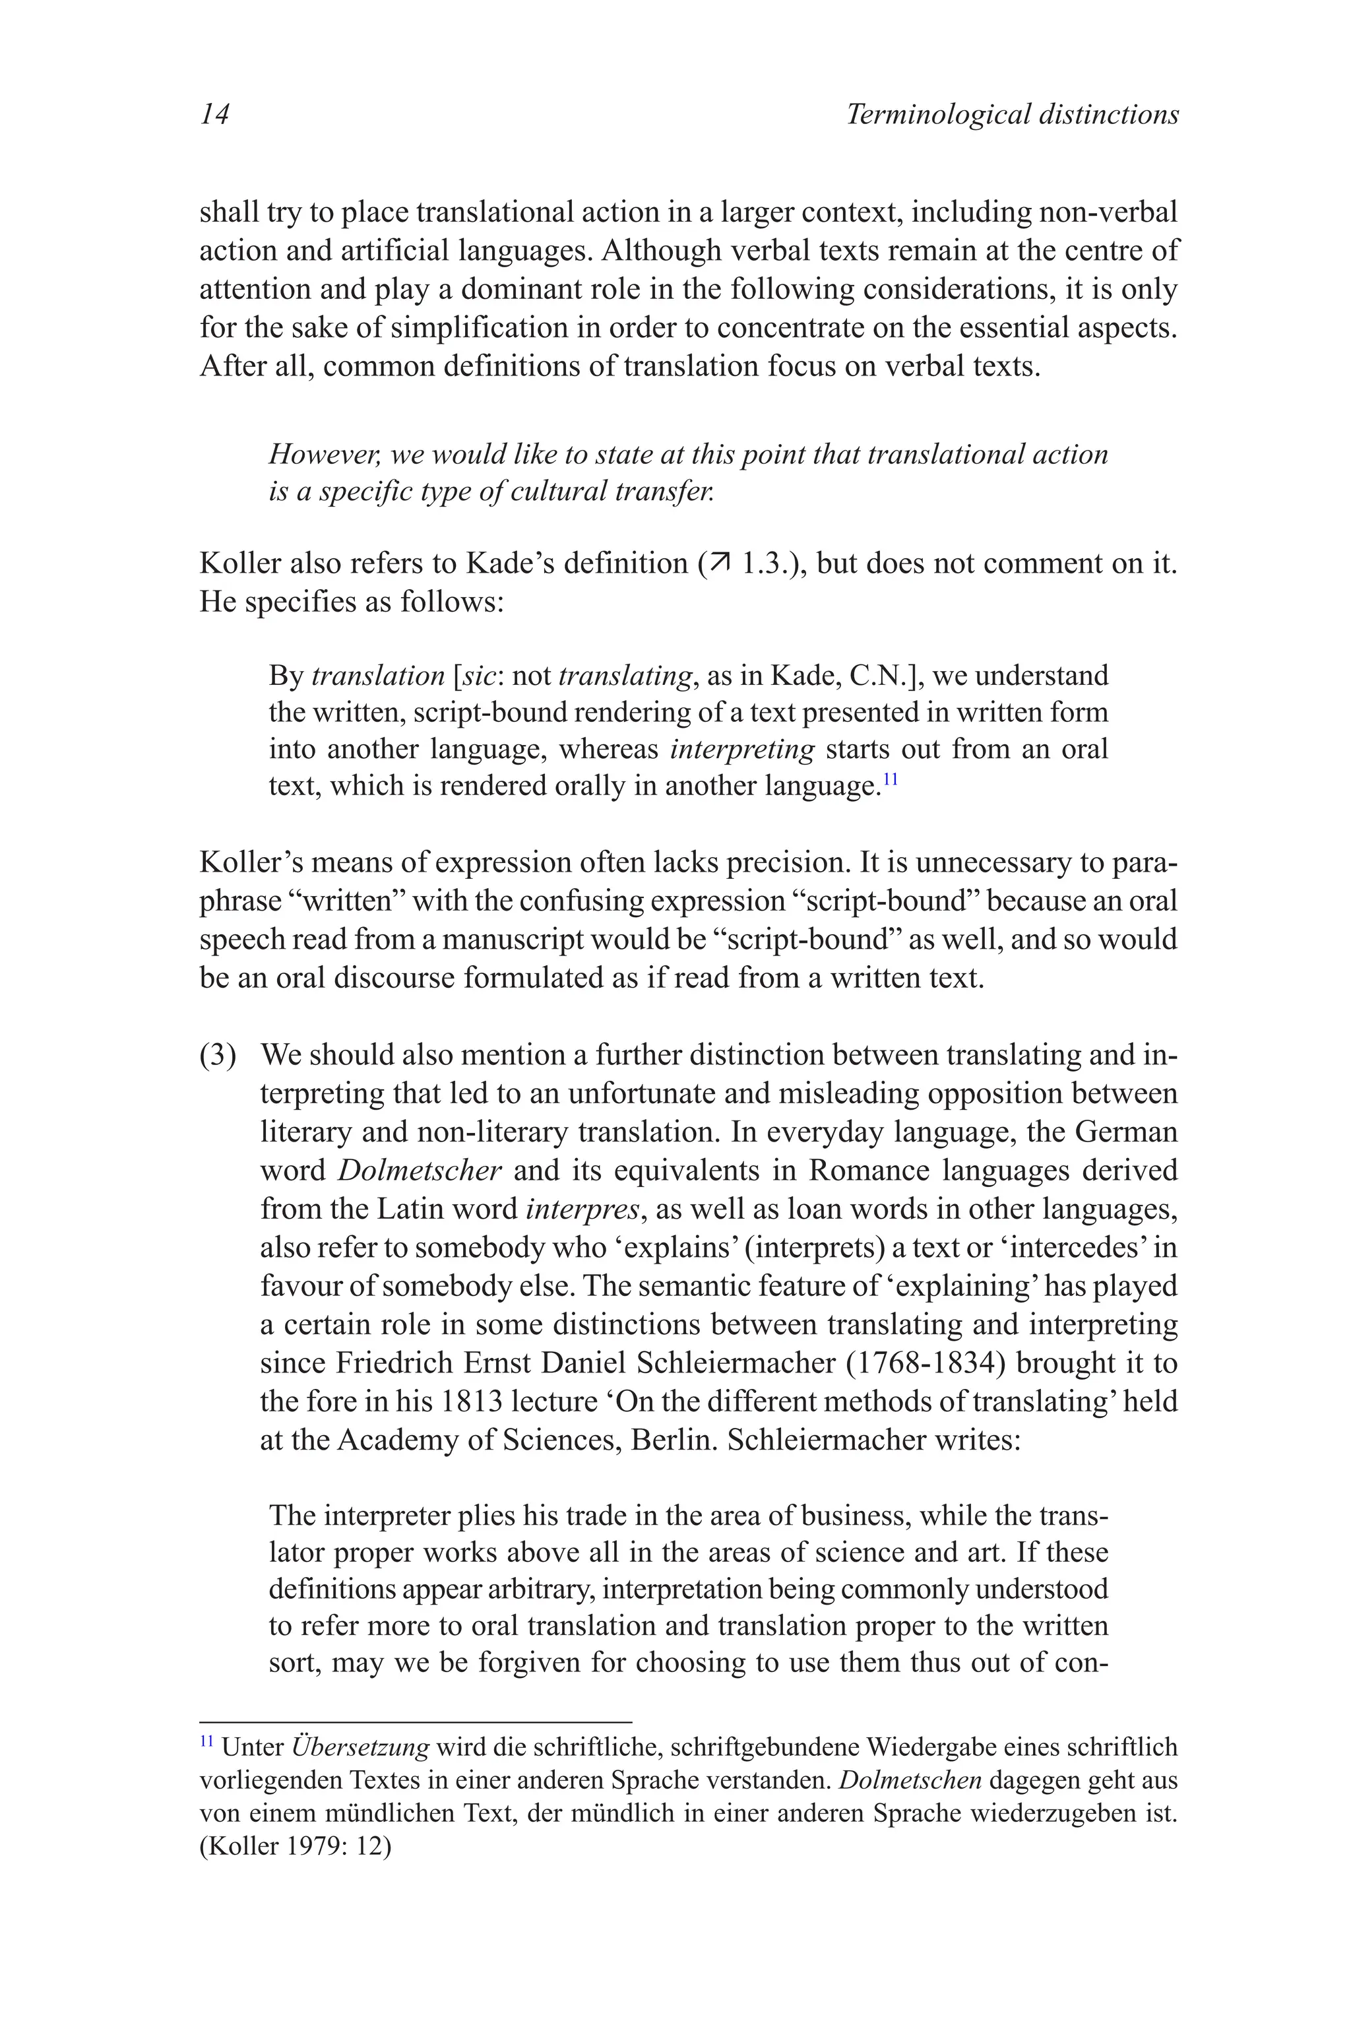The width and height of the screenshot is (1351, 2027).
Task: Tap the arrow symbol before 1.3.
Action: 717,563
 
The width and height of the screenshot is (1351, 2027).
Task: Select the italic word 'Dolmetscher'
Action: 419,1171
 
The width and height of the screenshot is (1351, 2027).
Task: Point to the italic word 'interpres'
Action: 582,1208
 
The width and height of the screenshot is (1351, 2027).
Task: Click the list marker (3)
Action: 218,1055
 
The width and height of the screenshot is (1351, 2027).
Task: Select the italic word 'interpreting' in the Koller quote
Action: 742,749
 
